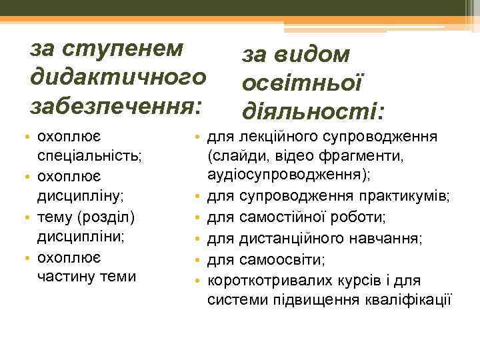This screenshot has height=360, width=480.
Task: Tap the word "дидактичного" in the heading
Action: point(115,77)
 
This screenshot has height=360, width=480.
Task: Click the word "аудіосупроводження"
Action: point(288,175)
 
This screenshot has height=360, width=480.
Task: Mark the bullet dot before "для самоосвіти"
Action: point(198,259)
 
